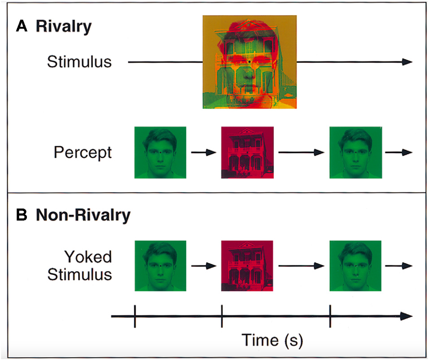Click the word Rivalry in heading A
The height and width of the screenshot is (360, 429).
tap(64, 27)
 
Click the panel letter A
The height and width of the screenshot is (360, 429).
tap(22, 27)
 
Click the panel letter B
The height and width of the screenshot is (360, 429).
tap(22, 216)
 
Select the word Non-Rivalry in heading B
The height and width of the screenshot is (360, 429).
tap(83, 216)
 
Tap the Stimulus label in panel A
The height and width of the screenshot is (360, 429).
tap(79, 62)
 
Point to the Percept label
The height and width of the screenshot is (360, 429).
tap(82, 152)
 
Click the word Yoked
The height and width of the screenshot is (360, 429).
tap(88, 257)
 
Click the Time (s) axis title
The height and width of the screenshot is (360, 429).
tap(273, 340)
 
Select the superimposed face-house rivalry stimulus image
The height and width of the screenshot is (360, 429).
tap(249, 62)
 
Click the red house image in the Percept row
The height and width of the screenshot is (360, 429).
tap(247, 152)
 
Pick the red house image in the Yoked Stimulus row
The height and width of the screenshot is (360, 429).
tap(247, 265)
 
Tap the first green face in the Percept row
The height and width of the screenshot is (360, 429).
tap(160, 152)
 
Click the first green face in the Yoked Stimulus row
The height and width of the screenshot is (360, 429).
tap(160, 265)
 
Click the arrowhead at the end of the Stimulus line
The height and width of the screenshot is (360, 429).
tap(407, 62)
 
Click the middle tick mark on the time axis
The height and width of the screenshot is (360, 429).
tap(222, 317)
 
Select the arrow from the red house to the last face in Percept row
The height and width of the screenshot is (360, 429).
tap(301, 152)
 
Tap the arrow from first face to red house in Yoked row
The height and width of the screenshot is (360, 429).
tap(204, 265)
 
